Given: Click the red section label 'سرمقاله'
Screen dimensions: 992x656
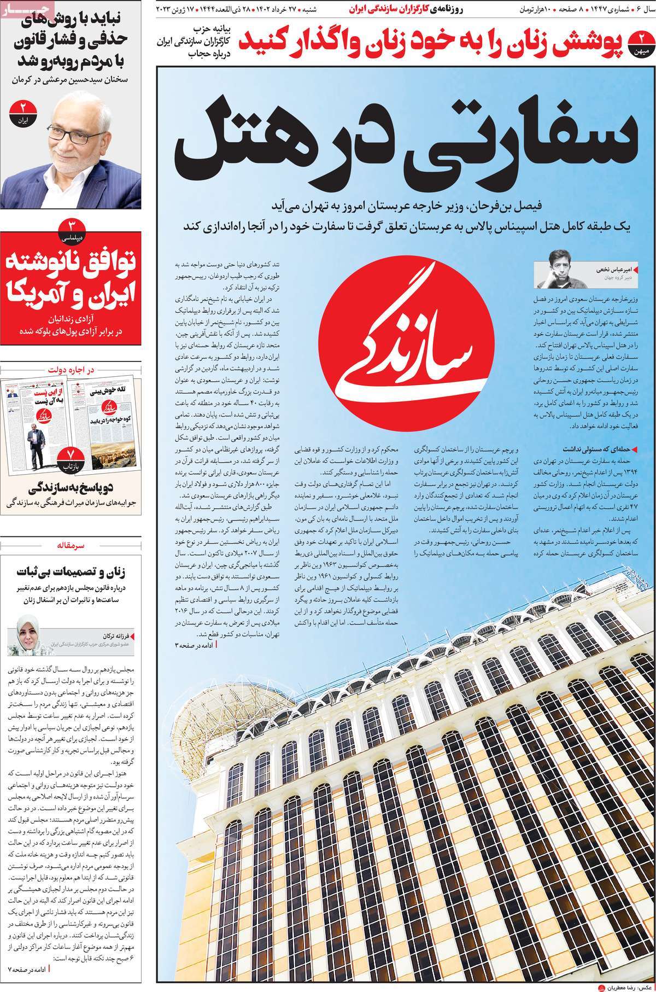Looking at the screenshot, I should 72,545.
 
